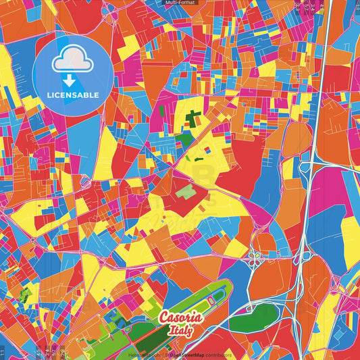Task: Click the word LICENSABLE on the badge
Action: [74, 95]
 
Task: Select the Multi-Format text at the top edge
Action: [180, 3]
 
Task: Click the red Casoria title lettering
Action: [180, 317]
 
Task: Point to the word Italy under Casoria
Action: [182, 332]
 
